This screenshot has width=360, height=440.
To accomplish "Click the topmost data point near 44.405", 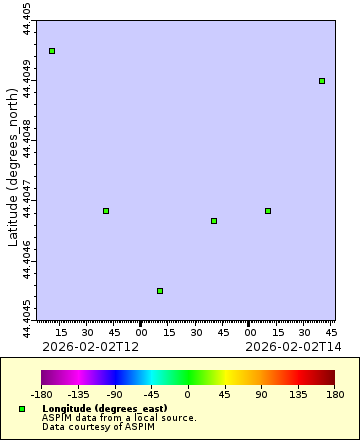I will pyautogui.click(x=52, y=51).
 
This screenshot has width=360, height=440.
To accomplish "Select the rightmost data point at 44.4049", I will pyautogui.click(x=322, y=81).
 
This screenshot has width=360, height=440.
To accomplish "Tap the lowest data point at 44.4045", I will pyautogui.click(x=160, y=291).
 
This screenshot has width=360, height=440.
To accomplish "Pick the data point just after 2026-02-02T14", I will pyautogui.click(x=268, y=211).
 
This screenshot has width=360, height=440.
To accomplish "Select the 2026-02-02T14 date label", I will pyautogui.click(x=293, y=346).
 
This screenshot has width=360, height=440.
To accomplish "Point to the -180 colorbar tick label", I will pyautogui.click(x=42, y=394).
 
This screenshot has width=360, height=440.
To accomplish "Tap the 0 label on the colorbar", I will pyautogui.click(x=187, y=394).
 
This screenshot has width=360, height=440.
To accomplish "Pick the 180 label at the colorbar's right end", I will pyautogui.click(x=334, y=394).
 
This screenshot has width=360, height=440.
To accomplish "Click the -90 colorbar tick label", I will pyautogui.click(x=115, y=394).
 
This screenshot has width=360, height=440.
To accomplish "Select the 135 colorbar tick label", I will pyautogui.click(x=297, y=394).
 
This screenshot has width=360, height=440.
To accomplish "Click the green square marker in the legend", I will pyautogui.click(x=22, y=409).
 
